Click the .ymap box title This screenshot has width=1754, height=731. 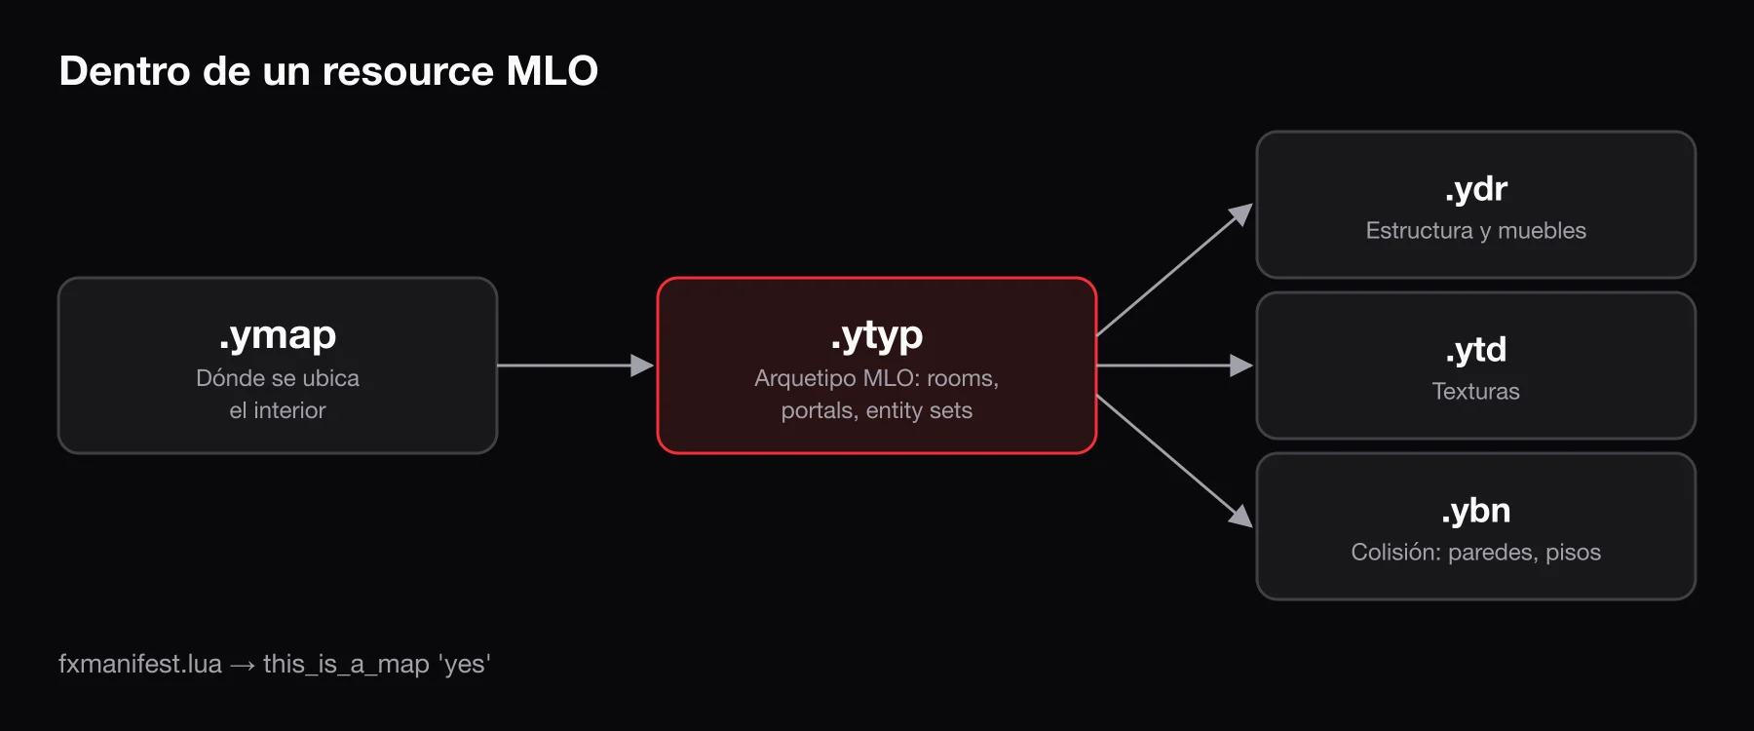[278, 335]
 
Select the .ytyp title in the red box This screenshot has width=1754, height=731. [876, 335]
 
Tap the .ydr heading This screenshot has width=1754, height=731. [1475, 188]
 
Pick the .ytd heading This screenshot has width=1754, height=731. [1475, 349]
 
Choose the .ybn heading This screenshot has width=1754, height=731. [1475, 510]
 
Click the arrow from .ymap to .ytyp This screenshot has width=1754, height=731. [575, 365]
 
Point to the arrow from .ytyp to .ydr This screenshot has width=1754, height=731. [1174, 270]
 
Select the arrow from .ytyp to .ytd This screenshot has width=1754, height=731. [1174, 365]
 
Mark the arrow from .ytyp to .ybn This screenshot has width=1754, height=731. [1174, 461]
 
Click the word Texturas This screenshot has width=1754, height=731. [1475, 391]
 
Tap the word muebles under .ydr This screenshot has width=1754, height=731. [1542, 230]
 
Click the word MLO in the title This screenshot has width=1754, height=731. [553, 71]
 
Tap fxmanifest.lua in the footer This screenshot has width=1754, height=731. [140, 664]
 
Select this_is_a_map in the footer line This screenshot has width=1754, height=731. [346, 665]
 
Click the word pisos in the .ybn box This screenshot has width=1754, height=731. [1573, 553]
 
